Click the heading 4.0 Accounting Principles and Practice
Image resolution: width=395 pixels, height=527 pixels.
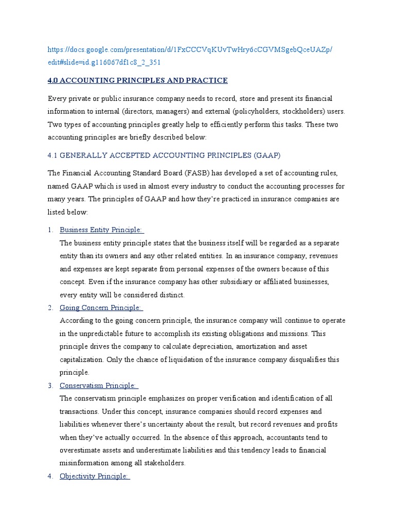(x=137, y=80)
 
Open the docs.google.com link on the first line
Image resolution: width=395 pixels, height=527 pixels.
(x=190, y=49)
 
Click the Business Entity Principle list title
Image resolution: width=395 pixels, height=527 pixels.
(x=101, y=230)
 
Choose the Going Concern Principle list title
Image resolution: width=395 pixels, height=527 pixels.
(x=100, y=307)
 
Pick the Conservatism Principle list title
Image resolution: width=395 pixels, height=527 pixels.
(x=98, y=385)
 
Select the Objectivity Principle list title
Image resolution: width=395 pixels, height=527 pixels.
(x=94, y=476)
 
